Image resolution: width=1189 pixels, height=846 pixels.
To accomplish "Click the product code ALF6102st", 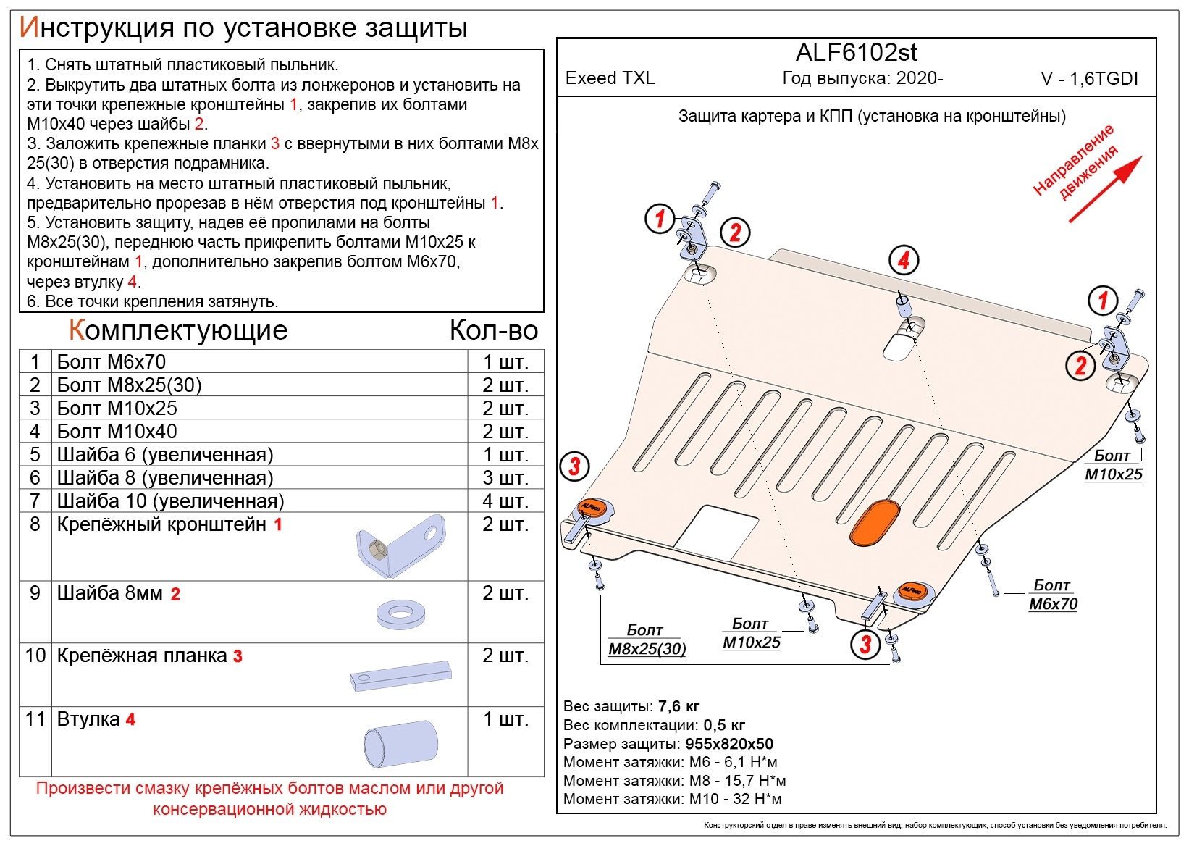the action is [856, 52].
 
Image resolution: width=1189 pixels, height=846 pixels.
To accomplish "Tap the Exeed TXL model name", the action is [610, 78].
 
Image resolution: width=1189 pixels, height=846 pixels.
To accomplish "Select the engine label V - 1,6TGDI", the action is [1089, 79].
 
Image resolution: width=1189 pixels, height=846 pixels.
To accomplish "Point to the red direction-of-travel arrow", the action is [1105, 189].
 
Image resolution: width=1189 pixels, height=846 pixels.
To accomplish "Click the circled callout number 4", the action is [904, 260].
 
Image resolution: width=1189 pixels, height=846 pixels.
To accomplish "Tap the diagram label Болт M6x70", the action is [1053, 595].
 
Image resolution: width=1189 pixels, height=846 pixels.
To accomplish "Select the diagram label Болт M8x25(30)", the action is [647, 640].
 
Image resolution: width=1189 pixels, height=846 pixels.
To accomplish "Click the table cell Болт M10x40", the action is [117, 431].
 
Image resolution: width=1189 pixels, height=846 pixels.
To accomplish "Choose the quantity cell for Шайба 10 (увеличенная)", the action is [505, 501].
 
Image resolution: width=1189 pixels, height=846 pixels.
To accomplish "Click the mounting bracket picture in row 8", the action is [400, 546].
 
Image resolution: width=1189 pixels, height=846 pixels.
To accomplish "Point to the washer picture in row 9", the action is [400, 615].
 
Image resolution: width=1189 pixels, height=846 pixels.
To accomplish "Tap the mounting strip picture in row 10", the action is [400, 676].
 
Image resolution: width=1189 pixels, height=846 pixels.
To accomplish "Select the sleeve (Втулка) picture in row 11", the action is [400, 743].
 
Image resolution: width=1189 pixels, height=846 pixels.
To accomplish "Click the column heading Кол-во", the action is [494, 330].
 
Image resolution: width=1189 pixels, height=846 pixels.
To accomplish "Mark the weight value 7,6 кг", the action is [679, 706].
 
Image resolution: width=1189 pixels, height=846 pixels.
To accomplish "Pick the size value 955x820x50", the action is [729, 743].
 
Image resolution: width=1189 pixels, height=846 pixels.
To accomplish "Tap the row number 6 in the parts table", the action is [35, 478].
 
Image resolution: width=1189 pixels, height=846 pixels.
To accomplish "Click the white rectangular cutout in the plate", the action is [716, 534].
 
